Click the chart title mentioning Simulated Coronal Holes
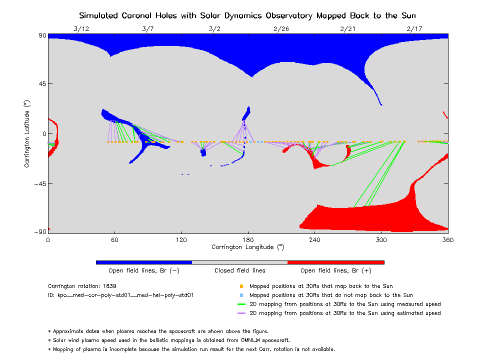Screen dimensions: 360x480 click(x=247, y=15)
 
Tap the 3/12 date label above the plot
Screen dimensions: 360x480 click(x=81, y=29)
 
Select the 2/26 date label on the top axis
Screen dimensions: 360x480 click(x=281, y=29)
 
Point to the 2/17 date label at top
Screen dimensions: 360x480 click(x=414, y=29)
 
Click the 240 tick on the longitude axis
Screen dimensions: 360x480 click(x=314, y=240)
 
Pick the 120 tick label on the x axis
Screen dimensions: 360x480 click(x=181, y=240)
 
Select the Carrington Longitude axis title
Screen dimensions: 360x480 click(x=247, y=247)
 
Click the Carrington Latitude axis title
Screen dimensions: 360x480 click(x=26, y=133)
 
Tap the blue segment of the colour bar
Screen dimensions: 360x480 click(x=143, y=262)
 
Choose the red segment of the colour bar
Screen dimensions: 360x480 click(x=335, y=262)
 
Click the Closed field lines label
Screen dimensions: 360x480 click(x=240, y=271)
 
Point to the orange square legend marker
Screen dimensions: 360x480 click(x=241, y=286)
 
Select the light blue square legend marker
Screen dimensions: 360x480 click(x=241, y=295)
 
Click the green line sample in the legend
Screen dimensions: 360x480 click(x=241, y=304)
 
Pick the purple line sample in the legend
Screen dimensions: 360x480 click(x=241, y=313)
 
